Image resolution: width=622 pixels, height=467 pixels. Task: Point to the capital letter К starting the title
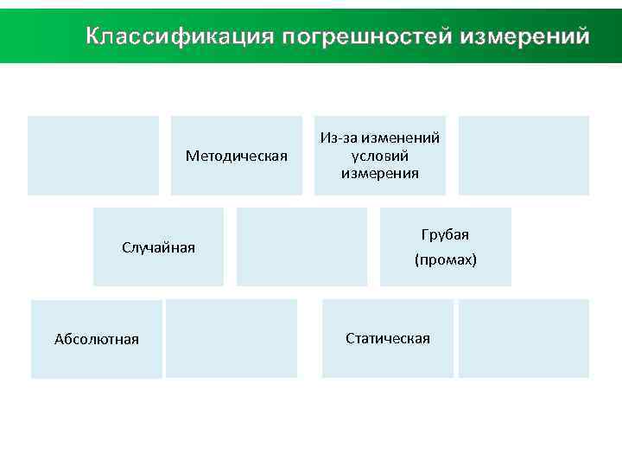pyautogui.click(x=94, y=37)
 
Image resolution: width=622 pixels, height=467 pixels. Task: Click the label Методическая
pyautogui.click(x=237, y=156)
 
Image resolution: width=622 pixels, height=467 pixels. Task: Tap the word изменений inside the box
pyautogui.click(x=400, y=138)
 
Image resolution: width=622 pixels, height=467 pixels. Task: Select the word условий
pyautogui.click(x=380, y=156)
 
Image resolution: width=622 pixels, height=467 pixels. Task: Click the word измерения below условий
pyautogui.click(x=380, y=173)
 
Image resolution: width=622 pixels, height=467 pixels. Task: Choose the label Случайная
pyautogui.click(x=158, y=248)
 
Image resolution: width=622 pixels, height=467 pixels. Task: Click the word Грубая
pyautogui.click(x=445, y=235)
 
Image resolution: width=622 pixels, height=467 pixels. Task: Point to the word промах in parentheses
pyautogui.click(x=445, y=259)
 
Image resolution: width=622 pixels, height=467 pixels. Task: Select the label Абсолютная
pyautogui.click(x=97, y=338)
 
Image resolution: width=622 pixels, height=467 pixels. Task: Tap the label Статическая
pyautogui.click(x=388, y=338)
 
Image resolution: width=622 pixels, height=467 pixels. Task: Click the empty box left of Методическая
pyautogui.click(x=93, y=156)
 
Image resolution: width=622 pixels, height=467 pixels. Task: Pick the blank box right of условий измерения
pyautogui.click(x=524, y=156)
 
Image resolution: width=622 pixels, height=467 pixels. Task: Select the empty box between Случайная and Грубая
pyautogui.click(x=301, y=246)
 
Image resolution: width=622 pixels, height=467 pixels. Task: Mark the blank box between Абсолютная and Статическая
pyautogui.click(x=232, y=338)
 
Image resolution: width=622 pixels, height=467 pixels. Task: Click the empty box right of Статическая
pyautogui.click(x=524, y=338)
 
